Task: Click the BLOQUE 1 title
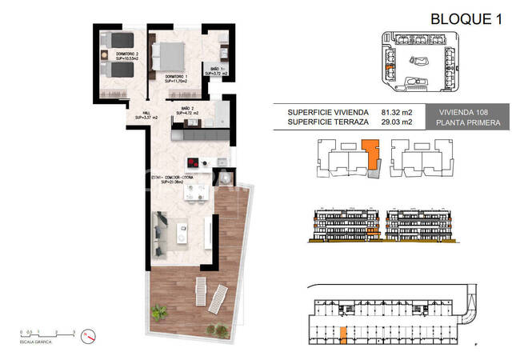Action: coord(466,18)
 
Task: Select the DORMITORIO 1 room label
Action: coord(176,78)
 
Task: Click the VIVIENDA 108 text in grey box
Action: coord(469,112)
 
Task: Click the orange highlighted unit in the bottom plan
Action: coord(344,335)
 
